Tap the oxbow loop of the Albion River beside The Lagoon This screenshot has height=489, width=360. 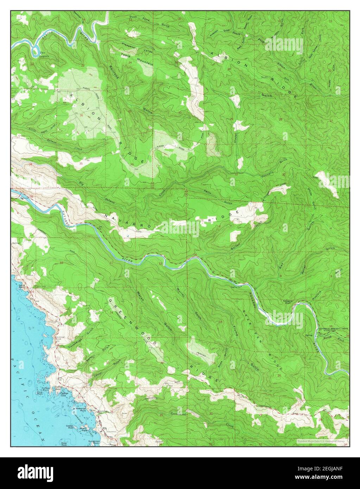click(x=35, y=52)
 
